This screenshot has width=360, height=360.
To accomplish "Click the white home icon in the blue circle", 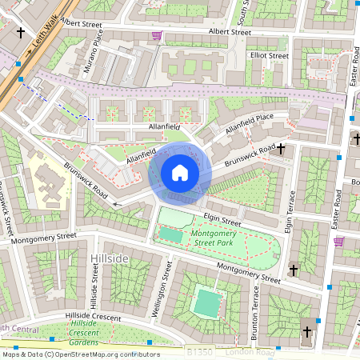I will (x=180, y=172).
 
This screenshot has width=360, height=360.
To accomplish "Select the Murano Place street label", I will (x=94, y=51).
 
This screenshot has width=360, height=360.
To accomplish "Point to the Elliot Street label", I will (x=268, y=56).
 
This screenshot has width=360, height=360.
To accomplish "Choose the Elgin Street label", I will (x=222, y=216).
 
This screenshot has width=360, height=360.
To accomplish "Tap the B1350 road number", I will (x=200, y=352).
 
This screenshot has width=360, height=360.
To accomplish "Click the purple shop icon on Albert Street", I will (x=157, y=36).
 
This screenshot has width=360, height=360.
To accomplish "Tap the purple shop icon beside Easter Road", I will (x=338, y=241).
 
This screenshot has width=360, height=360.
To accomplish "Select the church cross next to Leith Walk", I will (x=20, y=35).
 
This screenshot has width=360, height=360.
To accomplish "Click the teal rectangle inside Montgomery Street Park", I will (x=170, y=234).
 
